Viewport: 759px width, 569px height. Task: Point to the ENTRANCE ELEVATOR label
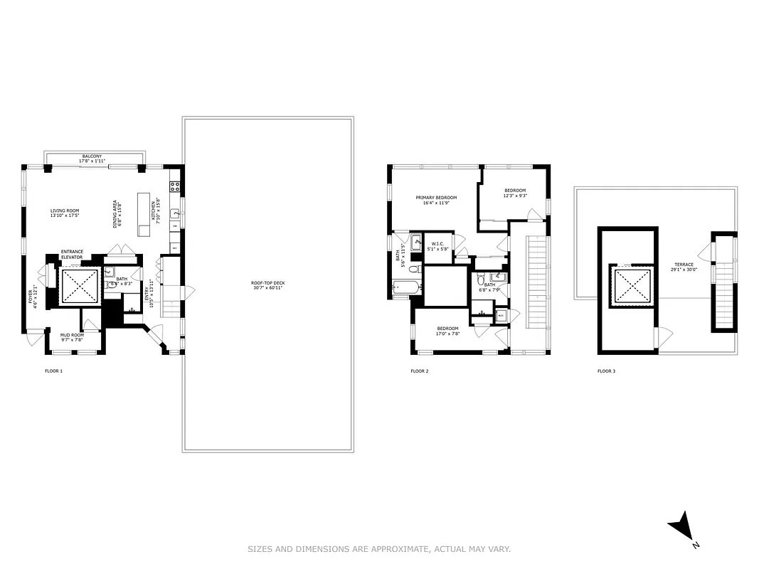pyautogui.click(x=72, y=254)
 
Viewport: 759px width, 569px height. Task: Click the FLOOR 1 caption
pyautogui.click(x=54, y=371)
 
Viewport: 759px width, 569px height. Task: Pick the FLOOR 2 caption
pyautogui.click(x=419, y=371)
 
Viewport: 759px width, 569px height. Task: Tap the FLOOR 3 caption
pyautogui.click(x=605, y=371)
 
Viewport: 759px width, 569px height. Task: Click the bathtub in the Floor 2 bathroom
pyautogui.click(x=407, y=288)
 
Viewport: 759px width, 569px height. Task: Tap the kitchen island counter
pyautogui.click(x=144, y=214)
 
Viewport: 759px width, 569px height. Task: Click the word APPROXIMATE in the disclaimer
pyautogui.click(x=403, y=549)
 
